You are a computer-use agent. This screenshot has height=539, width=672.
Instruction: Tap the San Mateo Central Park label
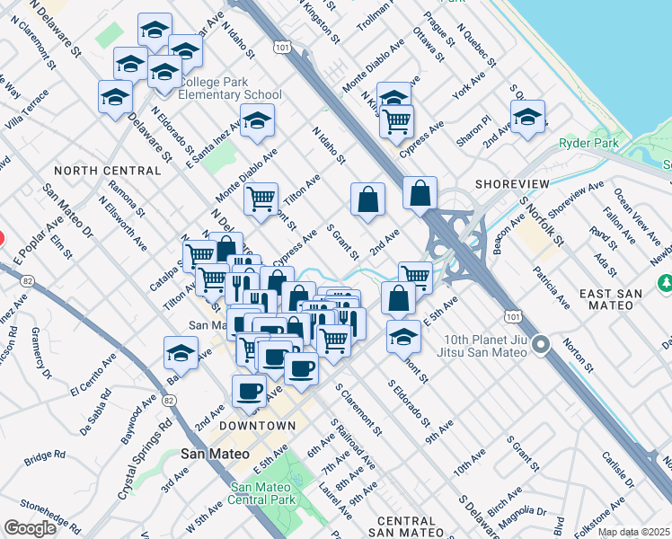coord(262,494)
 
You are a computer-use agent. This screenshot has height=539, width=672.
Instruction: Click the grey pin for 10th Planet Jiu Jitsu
coord(541,344)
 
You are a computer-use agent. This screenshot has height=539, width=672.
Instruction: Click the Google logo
coord(31,528)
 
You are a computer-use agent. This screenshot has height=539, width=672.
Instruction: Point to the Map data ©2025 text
coord(634,532)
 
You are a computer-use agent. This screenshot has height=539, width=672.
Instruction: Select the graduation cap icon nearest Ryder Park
coord(528,118)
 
